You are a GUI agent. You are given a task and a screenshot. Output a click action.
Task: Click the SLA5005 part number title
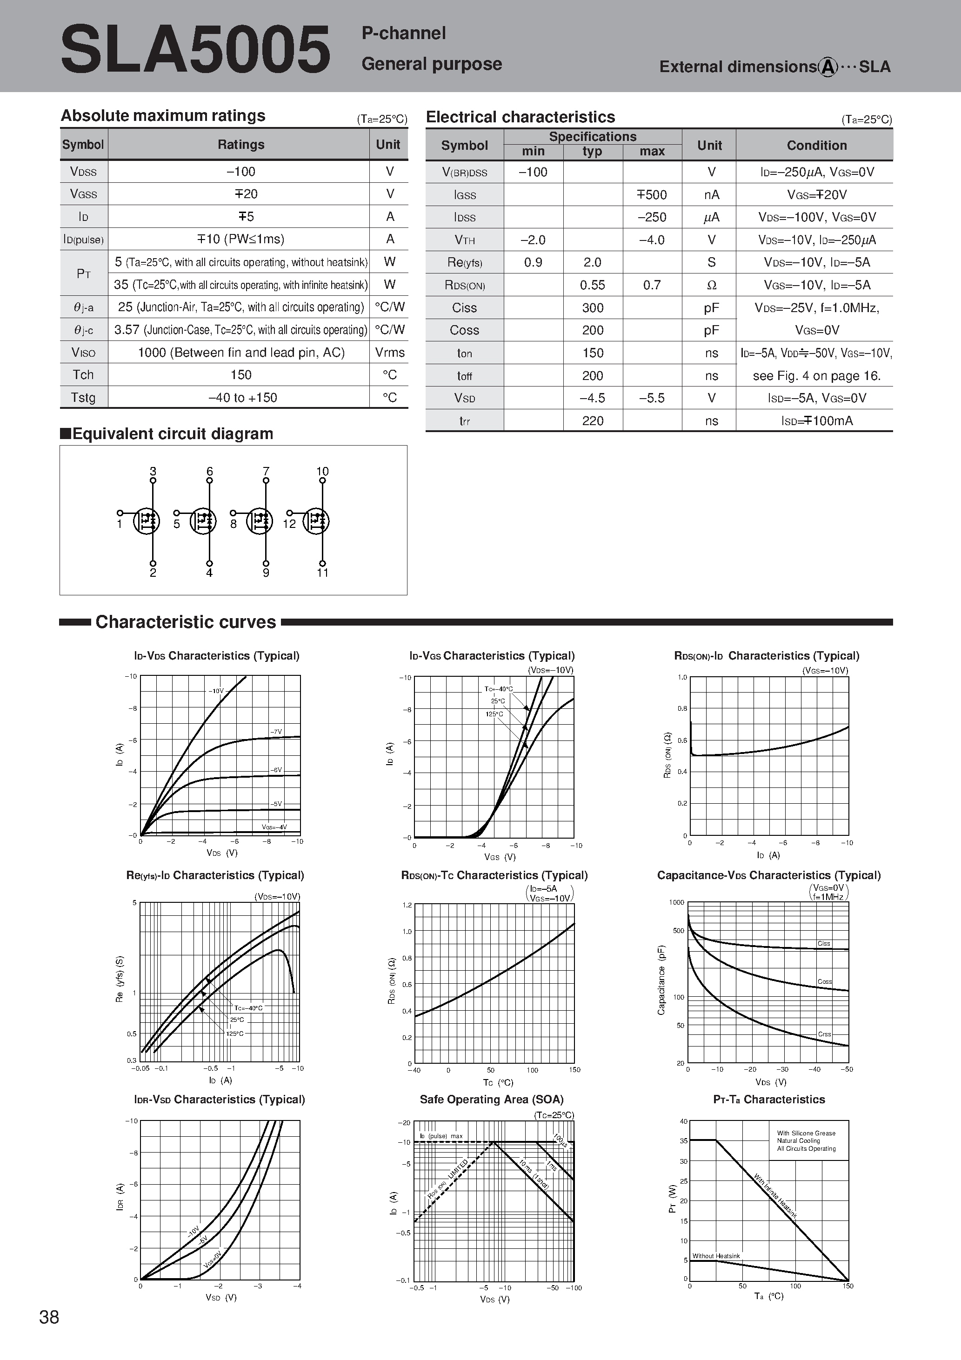tap(195, 50)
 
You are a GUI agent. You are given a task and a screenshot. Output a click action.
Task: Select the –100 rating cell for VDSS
tap(240, 172)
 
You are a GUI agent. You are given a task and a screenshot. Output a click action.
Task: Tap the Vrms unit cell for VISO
tap(389, 353)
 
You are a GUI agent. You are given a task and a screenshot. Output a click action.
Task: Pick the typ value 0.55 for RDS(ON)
tap(593, 285)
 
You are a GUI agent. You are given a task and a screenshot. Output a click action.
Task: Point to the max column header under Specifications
tap(652, 152)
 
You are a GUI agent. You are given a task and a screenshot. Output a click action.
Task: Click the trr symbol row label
tap(465, 421)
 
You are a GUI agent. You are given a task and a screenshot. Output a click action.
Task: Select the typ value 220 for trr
tap(593, 421)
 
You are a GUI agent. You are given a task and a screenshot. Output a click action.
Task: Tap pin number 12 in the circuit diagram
tap(289, 524)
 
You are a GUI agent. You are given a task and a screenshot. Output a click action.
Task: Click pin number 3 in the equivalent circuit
tap(153, 472)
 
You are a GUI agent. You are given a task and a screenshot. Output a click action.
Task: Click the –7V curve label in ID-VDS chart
tap(276, 732)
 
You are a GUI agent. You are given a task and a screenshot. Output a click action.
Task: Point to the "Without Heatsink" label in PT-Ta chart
tap(716, 1256)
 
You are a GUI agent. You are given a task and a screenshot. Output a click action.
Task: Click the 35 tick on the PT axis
tap(683, 1141)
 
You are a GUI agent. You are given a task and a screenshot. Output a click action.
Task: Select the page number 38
tap(49, 1317)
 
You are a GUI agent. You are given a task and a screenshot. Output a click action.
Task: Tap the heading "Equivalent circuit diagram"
tap(172, 433)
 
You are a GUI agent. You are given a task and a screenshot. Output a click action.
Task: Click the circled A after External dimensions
tap(828, 67)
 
